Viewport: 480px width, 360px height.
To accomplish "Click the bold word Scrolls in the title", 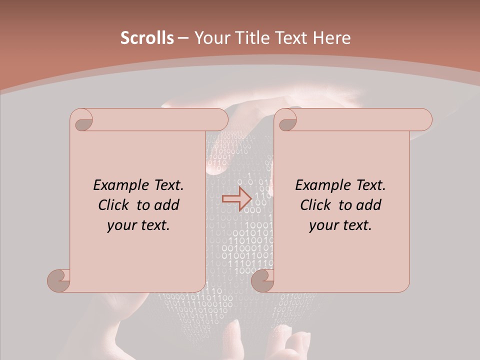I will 147,38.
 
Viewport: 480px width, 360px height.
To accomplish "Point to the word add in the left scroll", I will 167,205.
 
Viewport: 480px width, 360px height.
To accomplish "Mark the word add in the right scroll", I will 369,205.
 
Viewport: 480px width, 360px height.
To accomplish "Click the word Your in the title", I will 210,38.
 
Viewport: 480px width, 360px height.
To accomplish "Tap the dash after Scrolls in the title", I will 183,38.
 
